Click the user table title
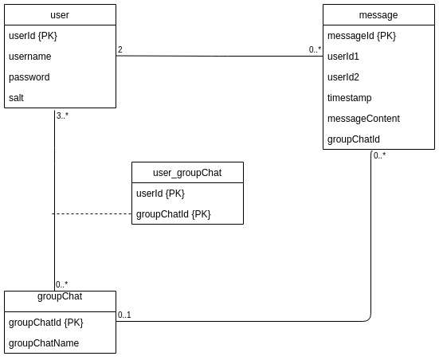point(60,15)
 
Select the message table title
point(378,15)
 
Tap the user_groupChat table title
point(187,173)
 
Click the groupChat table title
point(60,296)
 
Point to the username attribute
point(30,57)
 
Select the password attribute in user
point(29,77)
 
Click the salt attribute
point(16,98)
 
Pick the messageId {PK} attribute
point(362,36)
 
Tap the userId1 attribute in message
point(343,57)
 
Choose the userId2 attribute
point(343,77)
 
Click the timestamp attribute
point(350,98)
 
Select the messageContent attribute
point(363,119)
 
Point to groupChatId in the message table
point(354,139)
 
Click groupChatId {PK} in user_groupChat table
point(174,214)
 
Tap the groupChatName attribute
point(44,343)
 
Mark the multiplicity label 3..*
point(62,115)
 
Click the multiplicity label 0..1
point(124,315)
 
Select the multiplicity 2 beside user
point(120,49)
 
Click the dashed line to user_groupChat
point(92,214)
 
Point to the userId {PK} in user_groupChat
point(160,194)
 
